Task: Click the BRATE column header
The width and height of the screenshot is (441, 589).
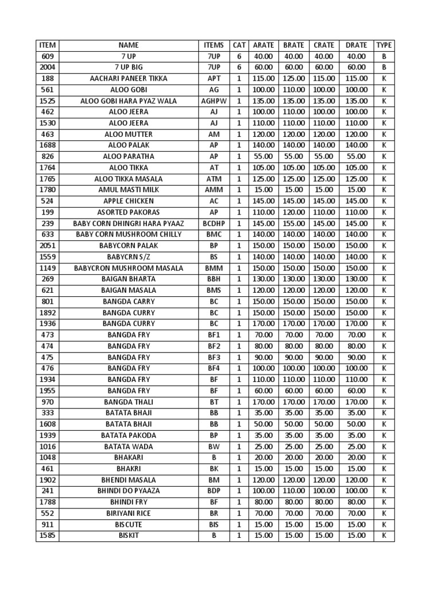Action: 294,45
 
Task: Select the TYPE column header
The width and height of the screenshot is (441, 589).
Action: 384,45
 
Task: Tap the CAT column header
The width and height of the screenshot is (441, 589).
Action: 239,45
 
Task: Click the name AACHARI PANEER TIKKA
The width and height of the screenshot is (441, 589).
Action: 129,78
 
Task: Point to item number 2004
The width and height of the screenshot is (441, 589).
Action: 47,67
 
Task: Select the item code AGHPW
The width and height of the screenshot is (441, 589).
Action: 214,101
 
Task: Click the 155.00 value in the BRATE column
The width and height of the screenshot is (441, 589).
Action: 294,223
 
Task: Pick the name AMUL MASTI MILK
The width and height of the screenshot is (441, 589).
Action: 129,190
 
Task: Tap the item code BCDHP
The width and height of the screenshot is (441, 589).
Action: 214,223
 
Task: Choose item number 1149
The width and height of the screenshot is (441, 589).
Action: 47,268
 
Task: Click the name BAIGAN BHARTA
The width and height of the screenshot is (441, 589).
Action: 129,279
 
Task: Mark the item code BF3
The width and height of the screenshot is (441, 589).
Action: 214,357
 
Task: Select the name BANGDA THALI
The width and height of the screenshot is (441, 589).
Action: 129,402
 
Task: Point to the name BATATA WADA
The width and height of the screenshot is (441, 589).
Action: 129,446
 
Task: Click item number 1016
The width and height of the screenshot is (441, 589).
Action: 47,446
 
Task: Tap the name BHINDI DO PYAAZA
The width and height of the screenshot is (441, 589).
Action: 129,491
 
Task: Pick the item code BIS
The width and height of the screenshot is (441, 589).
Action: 214,525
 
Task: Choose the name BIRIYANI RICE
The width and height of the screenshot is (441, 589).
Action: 129,514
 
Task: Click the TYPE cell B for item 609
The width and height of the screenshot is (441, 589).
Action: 384,56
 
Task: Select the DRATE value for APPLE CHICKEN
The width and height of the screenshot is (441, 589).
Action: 356,201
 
